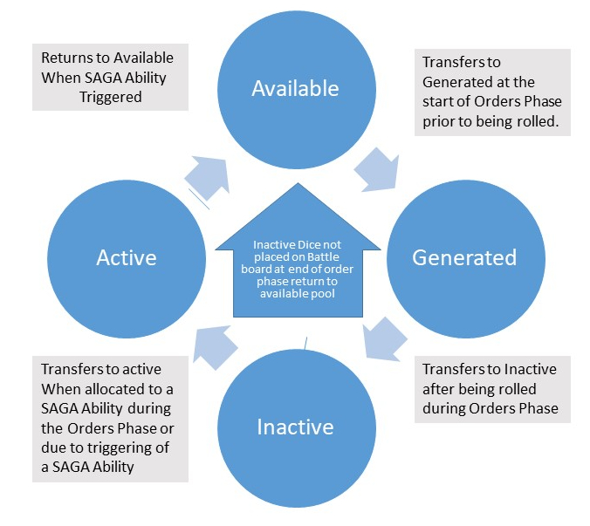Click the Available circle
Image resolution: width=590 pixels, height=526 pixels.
295,88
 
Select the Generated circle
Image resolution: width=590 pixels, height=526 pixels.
463,257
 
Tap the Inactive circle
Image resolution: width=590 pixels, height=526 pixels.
295,427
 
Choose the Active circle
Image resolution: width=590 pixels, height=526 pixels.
127,257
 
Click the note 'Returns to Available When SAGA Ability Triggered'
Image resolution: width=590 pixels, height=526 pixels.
110,79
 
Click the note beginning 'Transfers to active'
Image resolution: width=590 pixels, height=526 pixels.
110,419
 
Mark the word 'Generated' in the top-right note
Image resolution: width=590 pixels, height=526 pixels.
456,82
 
